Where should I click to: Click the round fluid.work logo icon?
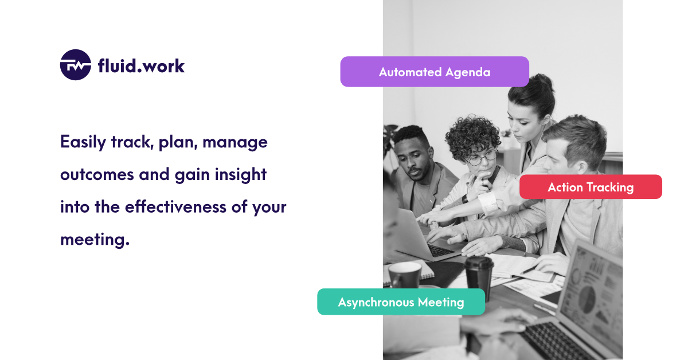[76, 65]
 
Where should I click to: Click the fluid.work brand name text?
[141, 66]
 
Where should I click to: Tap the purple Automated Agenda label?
[435, 72]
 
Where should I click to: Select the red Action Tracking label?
[591, 187]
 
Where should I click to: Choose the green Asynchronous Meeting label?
[401, 302]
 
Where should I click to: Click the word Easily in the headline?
[83, 142]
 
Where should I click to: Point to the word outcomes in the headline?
[97, 174]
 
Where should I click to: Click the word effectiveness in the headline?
[175, 206]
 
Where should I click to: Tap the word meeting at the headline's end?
[95, 240]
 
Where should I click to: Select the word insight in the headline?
[240, 174]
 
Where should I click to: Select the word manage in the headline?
[235, 143]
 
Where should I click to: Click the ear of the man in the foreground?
[581, 167]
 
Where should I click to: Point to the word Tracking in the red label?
[610, 187]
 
